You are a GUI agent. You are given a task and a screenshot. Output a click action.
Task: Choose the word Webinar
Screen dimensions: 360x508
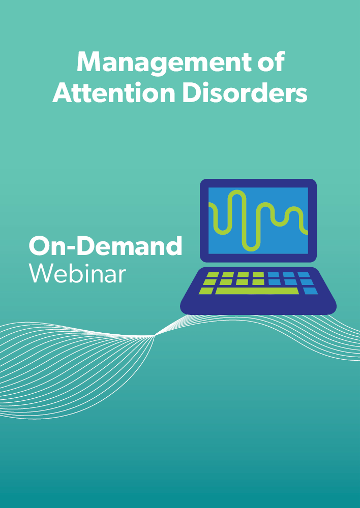tap(77, 273)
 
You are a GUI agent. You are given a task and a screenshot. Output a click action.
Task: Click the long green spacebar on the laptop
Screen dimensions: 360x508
tap(257, 291)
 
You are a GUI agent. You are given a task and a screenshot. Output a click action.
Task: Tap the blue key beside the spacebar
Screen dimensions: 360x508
tap(311, 291)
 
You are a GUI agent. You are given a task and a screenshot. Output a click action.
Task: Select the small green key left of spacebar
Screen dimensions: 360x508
tap(206, 291)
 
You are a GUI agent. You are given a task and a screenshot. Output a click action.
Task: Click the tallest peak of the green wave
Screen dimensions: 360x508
tap(237, 192)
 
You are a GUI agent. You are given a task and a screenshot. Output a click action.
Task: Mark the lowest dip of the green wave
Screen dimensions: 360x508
tap(251, 249)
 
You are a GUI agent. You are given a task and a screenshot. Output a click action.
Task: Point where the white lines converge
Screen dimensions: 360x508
tap(155, 336)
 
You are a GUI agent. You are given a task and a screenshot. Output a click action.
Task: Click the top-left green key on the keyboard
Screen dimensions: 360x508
tap(213, 275)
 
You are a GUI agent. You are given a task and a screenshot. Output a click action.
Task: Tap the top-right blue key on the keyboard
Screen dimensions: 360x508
tap(304, 275)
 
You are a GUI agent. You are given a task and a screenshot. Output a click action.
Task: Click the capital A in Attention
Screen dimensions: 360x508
tap(63, 92)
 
